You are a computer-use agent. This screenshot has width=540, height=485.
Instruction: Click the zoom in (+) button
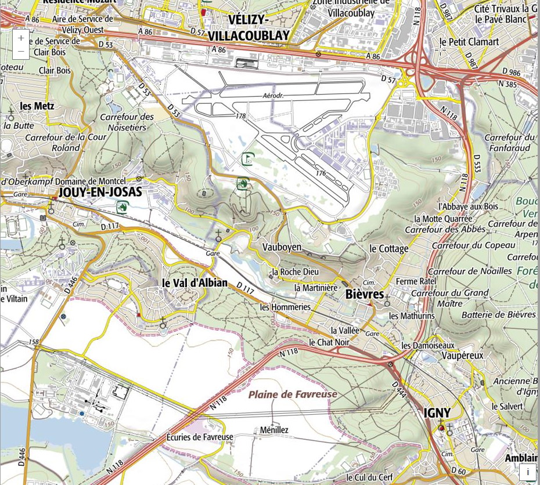[x=21, y=38]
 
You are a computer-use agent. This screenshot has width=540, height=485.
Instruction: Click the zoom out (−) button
[x=21, y=52]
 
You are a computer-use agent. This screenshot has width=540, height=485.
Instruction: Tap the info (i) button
[x=528, y=472]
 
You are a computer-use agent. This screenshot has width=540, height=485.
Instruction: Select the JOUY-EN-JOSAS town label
[x=99, y=192]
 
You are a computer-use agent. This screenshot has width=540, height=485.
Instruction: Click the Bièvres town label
[x=364, y=294]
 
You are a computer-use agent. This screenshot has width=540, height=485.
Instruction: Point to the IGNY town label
[x=437, y=412]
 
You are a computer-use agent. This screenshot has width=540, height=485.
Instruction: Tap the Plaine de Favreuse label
[x=293, y=394]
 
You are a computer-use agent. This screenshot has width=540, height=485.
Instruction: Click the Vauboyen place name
[x=282, y=247]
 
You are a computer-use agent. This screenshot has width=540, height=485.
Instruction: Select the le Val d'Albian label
[x=195, y=283]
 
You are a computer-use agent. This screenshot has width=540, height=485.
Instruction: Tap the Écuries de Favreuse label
[x=200, y=437]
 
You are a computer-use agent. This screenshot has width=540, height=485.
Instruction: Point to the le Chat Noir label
[x=329, y=342]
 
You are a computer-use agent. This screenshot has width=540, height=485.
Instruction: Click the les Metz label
[x=37, y=106]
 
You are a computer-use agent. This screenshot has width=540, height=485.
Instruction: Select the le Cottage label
[x=389, y=248]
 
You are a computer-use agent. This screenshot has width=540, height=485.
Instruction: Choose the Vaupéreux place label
[x=462, y=355]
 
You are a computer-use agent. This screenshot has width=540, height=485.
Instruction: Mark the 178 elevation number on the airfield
[x=240, y=116]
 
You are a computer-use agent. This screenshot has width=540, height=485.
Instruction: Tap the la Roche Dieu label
[x=296, y=272]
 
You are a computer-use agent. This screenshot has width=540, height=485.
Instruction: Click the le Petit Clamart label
[x=469, y=42]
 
